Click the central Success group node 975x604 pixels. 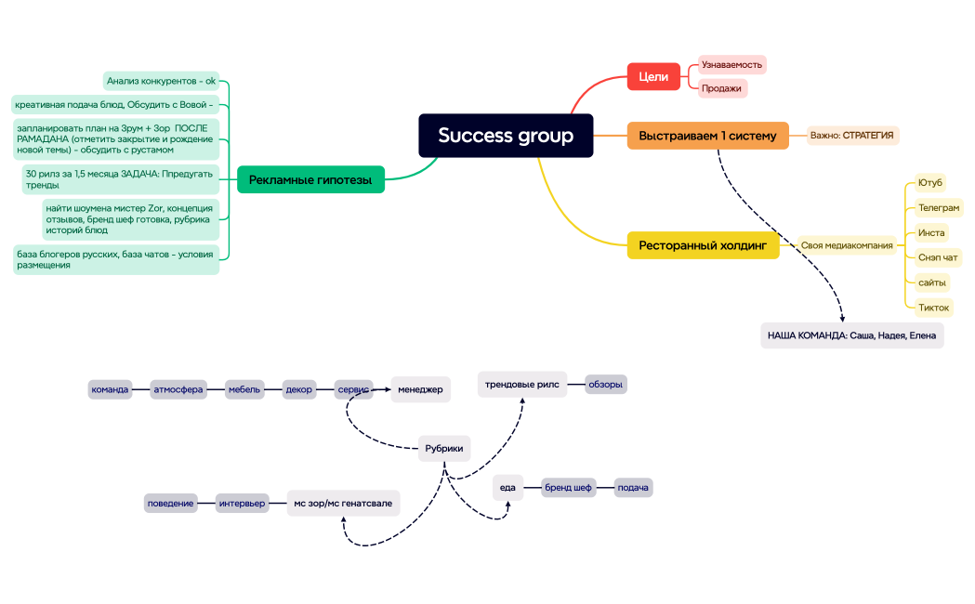(x=506, y=136)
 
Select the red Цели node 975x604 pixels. (x=654, y=77)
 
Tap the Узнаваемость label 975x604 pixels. (x=731, y=65)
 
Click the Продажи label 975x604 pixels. (x=722, y=88)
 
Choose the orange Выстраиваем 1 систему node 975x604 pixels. (x=707, y=136)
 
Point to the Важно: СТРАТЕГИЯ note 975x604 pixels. (x=852, y=136)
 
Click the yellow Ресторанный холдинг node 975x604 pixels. (x=703, y=245)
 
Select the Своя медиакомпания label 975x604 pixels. (x=846, y=246)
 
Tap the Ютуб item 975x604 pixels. (x=929, y=183)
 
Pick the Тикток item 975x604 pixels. (x=933, y=308)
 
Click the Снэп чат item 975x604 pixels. (x=938, y=257)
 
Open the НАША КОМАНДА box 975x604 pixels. (x=851, y=335)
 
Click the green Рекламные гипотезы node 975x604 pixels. (x=310, y=179)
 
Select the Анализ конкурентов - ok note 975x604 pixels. (x=161, y=81)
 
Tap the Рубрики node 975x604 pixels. (x=443, y=448)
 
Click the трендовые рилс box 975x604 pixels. (x=521, y=384)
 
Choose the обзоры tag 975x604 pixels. (x=605, y=384)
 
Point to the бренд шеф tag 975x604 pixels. (x=568, y=488)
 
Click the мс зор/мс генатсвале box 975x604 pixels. (x=343, y=503)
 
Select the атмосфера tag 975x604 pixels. (x=178, y=389)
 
